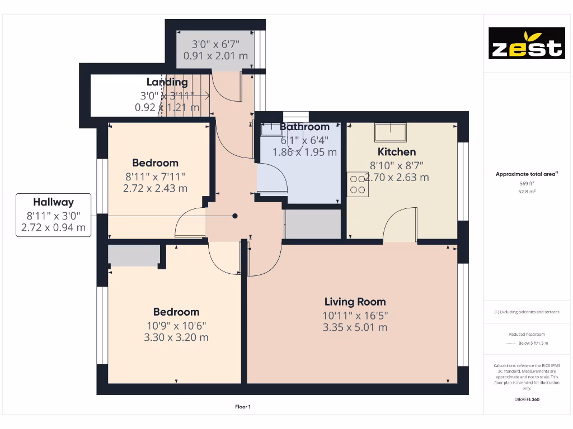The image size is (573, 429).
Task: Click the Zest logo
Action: pyautogui.click(x=527, y=43)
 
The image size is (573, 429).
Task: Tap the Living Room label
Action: pyautogui.click(x=355, y=302)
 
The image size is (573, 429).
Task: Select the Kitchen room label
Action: pyautogui.click(x=397, y=151)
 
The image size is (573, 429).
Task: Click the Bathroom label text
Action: pyautogui.click(x=304, y=127)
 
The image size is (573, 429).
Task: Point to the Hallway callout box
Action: pyautogui.click(x=54, y=215)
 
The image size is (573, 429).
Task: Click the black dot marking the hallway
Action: pyautogui.click(x=235, y=216)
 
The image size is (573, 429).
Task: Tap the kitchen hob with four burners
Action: pyautogui.click(x=358, y=184)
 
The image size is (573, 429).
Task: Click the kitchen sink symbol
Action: pyautogui.click(x=391, y=132)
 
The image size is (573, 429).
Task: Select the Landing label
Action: pyautogui.click(x=167, y=83)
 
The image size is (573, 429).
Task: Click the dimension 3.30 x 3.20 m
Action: pyautogui.click(x=176, y=337)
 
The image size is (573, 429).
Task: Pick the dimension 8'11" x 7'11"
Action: pyautogui.click(x=155, y=177)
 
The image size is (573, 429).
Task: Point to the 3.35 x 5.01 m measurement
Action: pyautogui.click(x=355, y=327)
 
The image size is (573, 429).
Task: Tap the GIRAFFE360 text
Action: pyautogui.click(x=527, y=399)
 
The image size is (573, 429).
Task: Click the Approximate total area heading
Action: pyautogui.click(x=527, y=174)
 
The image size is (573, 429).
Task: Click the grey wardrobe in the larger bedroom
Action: pyautogui.click(x=133, y=255)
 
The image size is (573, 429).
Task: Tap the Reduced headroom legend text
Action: pyautogui.click(x=527, y=334)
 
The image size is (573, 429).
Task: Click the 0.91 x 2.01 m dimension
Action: pyautogui.click(x=215, y=56)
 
